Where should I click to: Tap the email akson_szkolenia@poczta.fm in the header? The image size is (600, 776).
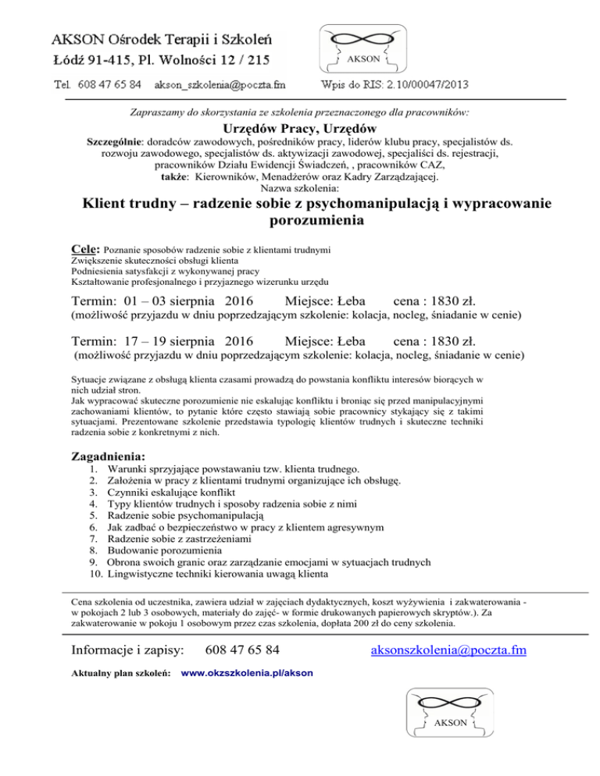pyautogui.click(x=220, y=82)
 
